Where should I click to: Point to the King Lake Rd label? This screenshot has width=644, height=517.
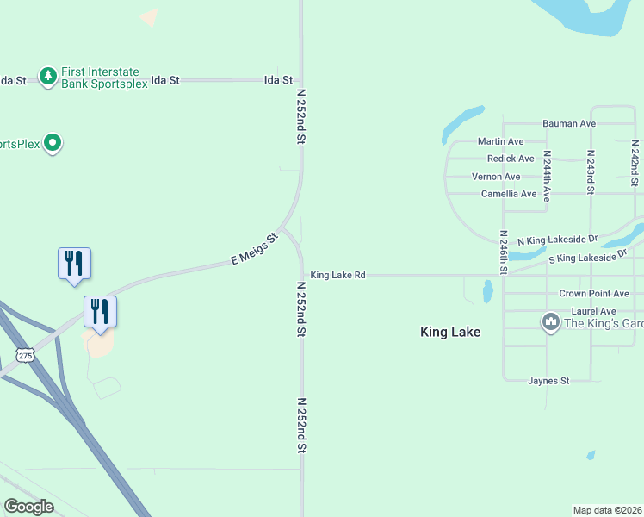point(338,275)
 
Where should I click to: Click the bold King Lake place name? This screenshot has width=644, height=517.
point(449,332)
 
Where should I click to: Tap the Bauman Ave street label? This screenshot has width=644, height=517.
point(568,124)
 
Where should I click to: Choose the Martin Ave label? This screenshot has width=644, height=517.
point(500,141)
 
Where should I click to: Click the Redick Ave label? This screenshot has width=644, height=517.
point(511,159)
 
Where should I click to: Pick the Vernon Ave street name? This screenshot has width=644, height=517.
point(496,177)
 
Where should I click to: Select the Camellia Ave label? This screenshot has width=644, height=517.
point(509,194)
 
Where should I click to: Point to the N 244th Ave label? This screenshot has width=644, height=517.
point(546,177)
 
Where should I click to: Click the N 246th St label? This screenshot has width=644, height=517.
point(503,252)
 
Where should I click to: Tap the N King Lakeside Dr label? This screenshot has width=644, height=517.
point(557,239)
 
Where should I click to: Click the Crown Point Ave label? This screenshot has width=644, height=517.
point(594,294)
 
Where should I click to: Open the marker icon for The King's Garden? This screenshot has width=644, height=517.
point(551,323)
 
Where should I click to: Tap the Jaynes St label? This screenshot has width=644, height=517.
point(548,380)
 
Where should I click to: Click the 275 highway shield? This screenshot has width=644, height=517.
point(25,355)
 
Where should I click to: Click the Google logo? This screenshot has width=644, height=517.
point(29,507)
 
